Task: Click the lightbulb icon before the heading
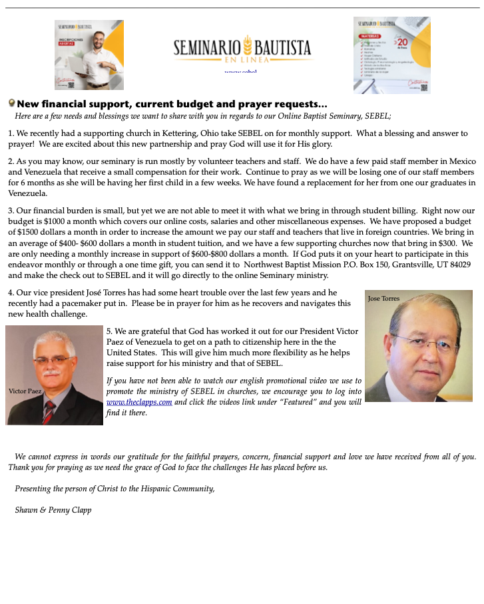point(11,103)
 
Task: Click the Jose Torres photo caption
point(383,299)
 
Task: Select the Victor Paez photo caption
point(25,391)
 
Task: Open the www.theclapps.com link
point(139,402)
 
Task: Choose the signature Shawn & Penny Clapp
point(53,510)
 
